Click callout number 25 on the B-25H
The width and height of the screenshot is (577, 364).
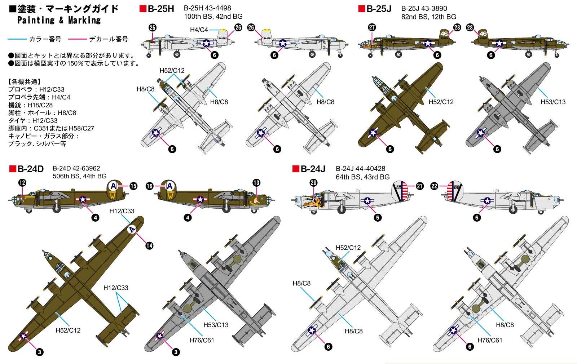click(152, 28)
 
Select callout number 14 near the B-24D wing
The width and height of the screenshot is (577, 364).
click(149, 245)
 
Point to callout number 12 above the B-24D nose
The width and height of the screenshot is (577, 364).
click(22, 183)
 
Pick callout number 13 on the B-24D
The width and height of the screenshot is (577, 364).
click(256, 183)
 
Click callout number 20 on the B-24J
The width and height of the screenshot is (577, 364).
click(313, 183)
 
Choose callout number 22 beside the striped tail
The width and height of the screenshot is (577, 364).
click(434, 186)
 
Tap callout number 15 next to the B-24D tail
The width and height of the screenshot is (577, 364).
click(133, 186)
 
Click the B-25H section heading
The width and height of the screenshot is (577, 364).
click(160, 9)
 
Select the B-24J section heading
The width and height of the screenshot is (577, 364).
click(313, 169)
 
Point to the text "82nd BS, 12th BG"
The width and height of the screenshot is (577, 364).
click(428, 17)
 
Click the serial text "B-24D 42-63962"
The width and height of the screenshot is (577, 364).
click(76, 168)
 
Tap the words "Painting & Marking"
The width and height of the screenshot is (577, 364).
click(59, 20)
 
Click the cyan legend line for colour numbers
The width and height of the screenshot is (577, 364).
click(17, 39)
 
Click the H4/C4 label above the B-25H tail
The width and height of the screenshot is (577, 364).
click(199, 30)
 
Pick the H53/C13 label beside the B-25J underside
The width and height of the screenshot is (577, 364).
click(553, 102)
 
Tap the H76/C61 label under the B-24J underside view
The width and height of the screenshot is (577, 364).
click(490, 340)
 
